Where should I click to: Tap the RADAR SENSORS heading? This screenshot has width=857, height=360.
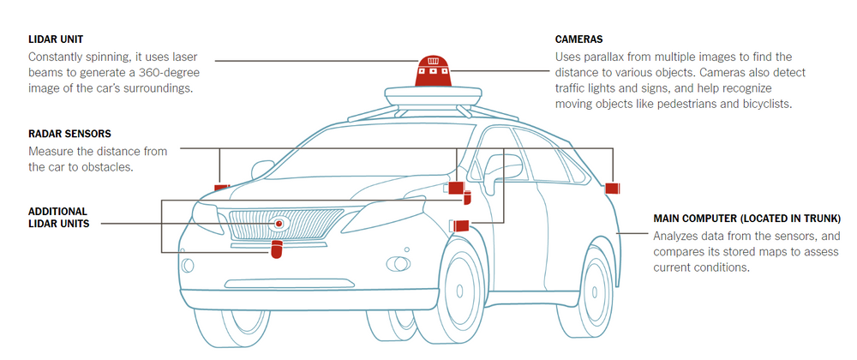point(70,134)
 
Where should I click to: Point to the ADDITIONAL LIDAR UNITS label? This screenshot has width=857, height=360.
point(57,217)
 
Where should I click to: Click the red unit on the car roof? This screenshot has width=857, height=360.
point(434,72)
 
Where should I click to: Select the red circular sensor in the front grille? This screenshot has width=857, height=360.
point(279,224)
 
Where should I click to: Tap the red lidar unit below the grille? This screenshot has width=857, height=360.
point(277,249)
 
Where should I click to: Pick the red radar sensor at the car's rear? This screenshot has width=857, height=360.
point(612,188)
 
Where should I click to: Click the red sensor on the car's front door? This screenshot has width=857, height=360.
point(461,225)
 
